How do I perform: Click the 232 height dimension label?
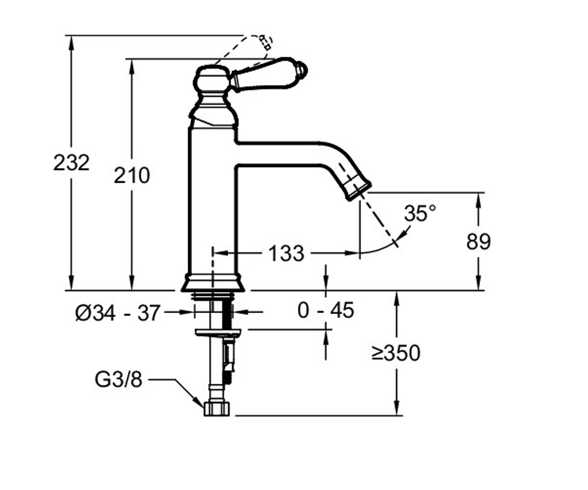[71, 163]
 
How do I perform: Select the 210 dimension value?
[132, 175]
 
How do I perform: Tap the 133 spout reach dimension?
[287, 253]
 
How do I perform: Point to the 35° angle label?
[420, 213]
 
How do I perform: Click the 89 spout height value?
[478, 242]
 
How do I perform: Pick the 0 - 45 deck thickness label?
[326, 310]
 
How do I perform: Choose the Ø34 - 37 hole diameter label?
[118, 313]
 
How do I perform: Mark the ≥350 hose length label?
[396, 353]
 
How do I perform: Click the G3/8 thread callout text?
[118, 380]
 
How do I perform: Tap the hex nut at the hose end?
[217, 409]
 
